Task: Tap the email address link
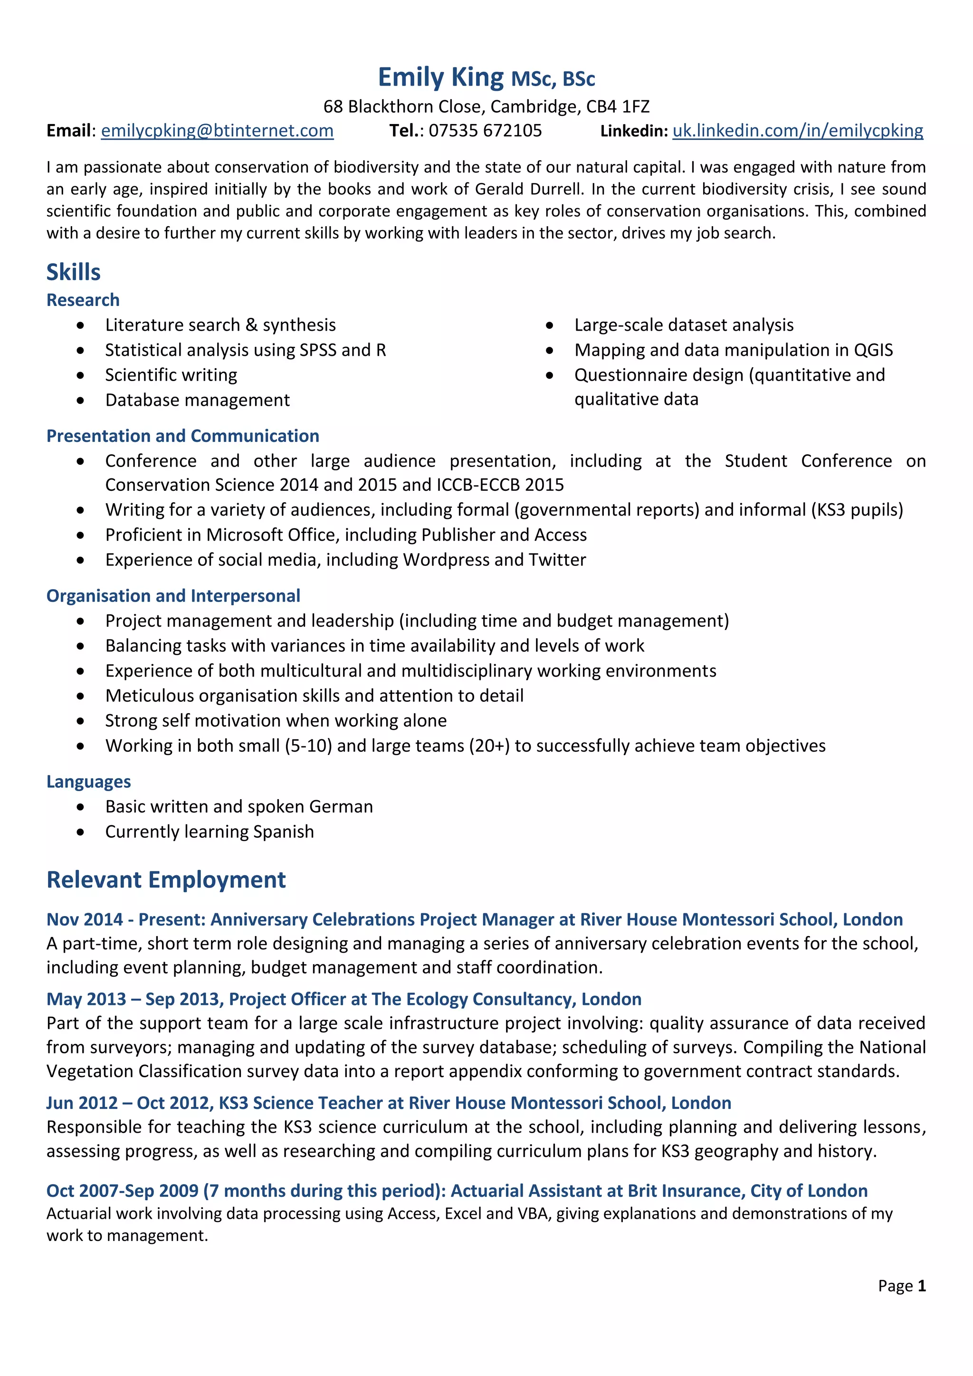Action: (x=217, y=131)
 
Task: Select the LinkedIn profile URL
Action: (x=798, y=131)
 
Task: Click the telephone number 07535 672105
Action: (x=485, y=131)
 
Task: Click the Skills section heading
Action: (x=73, y=272)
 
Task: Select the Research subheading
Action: (x=83, y=300)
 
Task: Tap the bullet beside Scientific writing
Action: (x=80, y=375)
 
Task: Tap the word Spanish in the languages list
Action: (x=283, y=832)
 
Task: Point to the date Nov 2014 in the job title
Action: (x=85, y=919)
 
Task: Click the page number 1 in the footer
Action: (x=922, y=1286)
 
